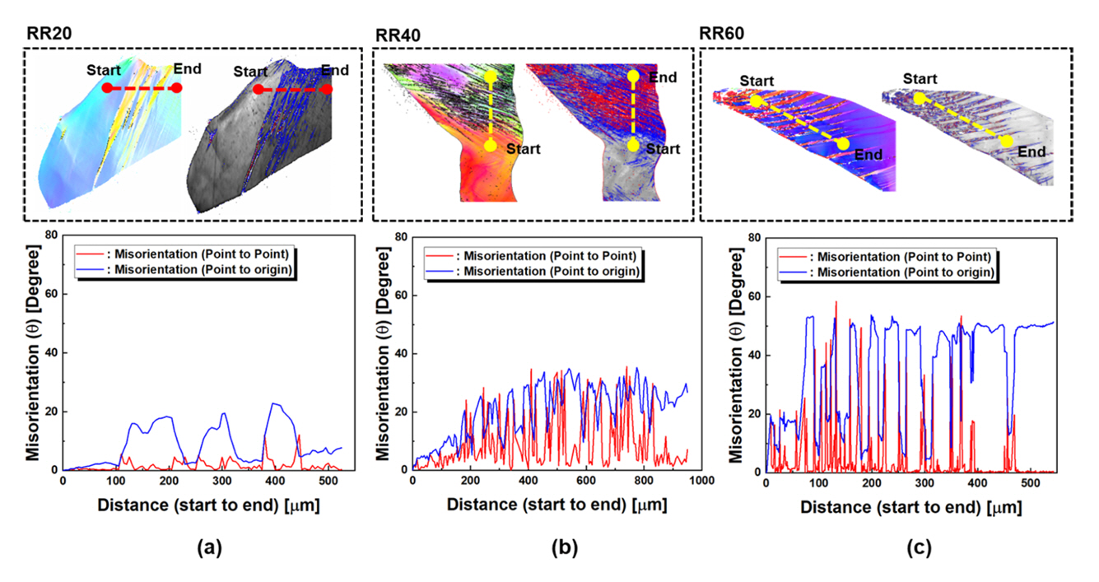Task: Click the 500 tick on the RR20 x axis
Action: point(326,480)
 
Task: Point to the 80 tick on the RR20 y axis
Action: point(52,235)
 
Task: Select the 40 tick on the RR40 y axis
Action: point(401,353)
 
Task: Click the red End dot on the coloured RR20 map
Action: point(177,87)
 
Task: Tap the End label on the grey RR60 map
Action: point(1031,152)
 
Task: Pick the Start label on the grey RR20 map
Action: point(250,72)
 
